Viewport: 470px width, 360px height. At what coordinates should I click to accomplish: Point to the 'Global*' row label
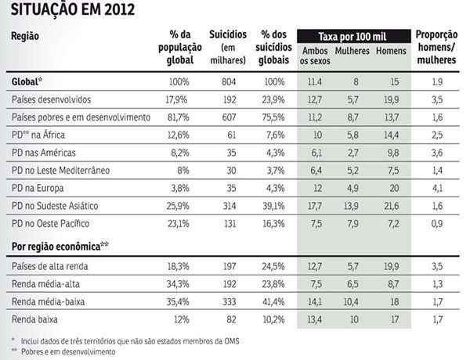[x=28, y=82]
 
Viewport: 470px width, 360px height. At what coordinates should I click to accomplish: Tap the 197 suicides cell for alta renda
[x=228, y=267]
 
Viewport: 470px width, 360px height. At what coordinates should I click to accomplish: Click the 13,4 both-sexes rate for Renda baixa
[x=314, y=320]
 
